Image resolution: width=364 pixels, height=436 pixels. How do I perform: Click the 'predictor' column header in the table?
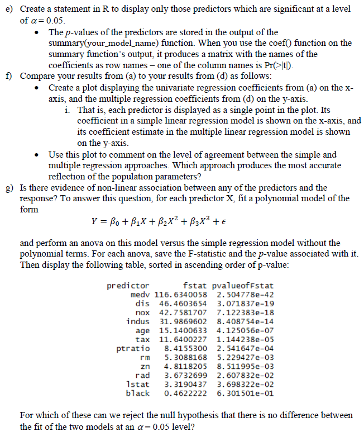coord(128,286)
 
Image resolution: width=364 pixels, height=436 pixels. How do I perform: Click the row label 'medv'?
coord(140,295)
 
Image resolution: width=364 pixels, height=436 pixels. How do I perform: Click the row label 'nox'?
coord(142,312)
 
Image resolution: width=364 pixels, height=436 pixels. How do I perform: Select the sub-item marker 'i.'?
coord(69,110)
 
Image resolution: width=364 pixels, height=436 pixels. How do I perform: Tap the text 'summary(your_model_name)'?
coord(100,43)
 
